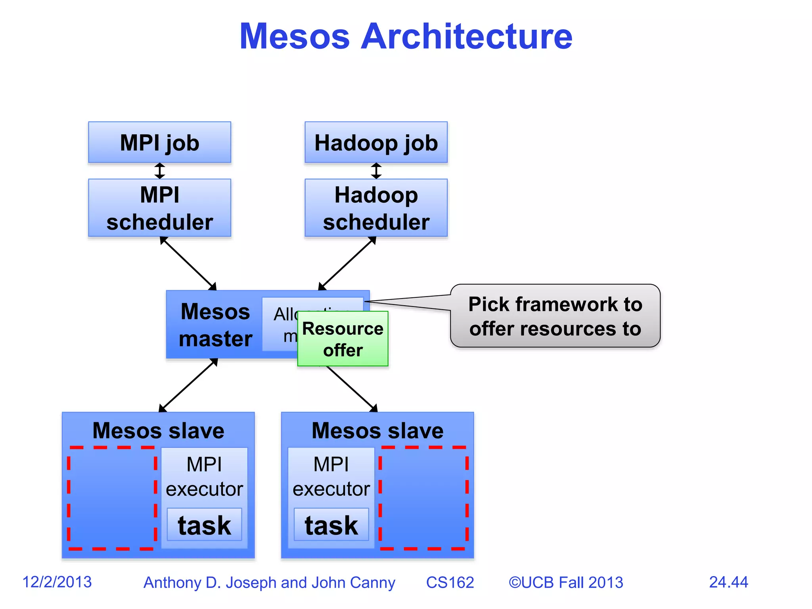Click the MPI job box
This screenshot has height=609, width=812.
(159, 142)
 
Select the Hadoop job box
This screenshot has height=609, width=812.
(376, 142)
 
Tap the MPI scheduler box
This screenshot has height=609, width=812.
(159, 208)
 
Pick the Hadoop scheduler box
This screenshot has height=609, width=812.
(376, 208)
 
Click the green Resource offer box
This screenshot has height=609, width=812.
(343, 339)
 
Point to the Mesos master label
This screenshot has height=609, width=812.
(215, 325)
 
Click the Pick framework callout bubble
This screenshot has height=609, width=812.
(555, 316)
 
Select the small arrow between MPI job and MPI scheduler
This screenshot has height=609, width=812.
(159, 171)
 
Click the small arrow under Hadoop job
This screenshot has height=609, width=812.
(376, 171)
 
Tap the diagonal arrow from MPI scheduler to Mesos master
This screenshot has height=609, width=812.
(188, 264)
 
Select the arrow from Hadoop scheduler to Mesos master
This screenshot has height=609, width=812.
(347, 264)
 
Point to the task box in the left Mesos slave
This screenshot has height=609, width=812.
(204, 525)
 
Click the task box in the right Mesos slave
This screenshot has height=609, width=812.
(331, 525)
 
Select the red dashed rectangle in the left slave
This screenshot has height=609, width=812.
(112, 498)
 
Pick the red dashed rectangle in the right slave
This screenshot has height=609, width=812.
(423, 498)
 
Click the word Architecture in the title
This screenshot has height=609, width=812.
(466, 36)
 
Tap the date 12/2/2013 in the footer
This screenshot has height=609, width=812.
(57, 582)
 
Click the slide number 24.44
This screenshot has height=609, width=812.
(728, 582)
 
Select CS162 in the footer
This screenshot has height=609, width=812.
(450, 582)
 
